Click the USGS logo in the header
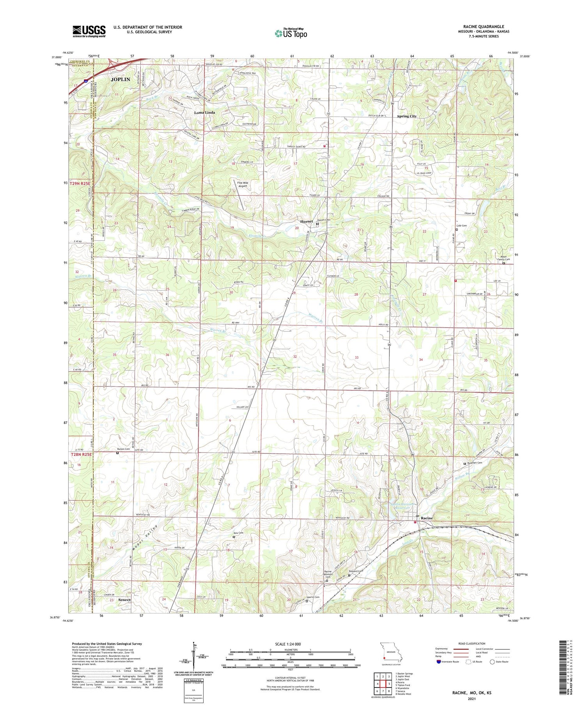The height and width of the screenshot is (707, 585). pos(89,31)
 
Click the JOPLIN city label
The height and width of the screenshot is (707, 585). pos(120,79)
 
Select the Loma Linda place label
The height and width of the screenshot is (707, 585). pos(205,112)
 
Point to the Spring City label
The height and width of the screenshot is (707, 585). pos(407,116)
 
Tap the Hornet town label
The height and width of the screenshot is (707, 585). pos(307,221)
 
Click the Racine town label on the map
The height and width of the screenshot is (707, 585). pos(427,518)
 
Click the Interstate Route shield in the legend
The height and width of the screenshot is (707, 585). pos(438,662)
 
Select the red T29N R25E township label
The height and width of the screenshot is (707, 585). pos(80,183)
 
